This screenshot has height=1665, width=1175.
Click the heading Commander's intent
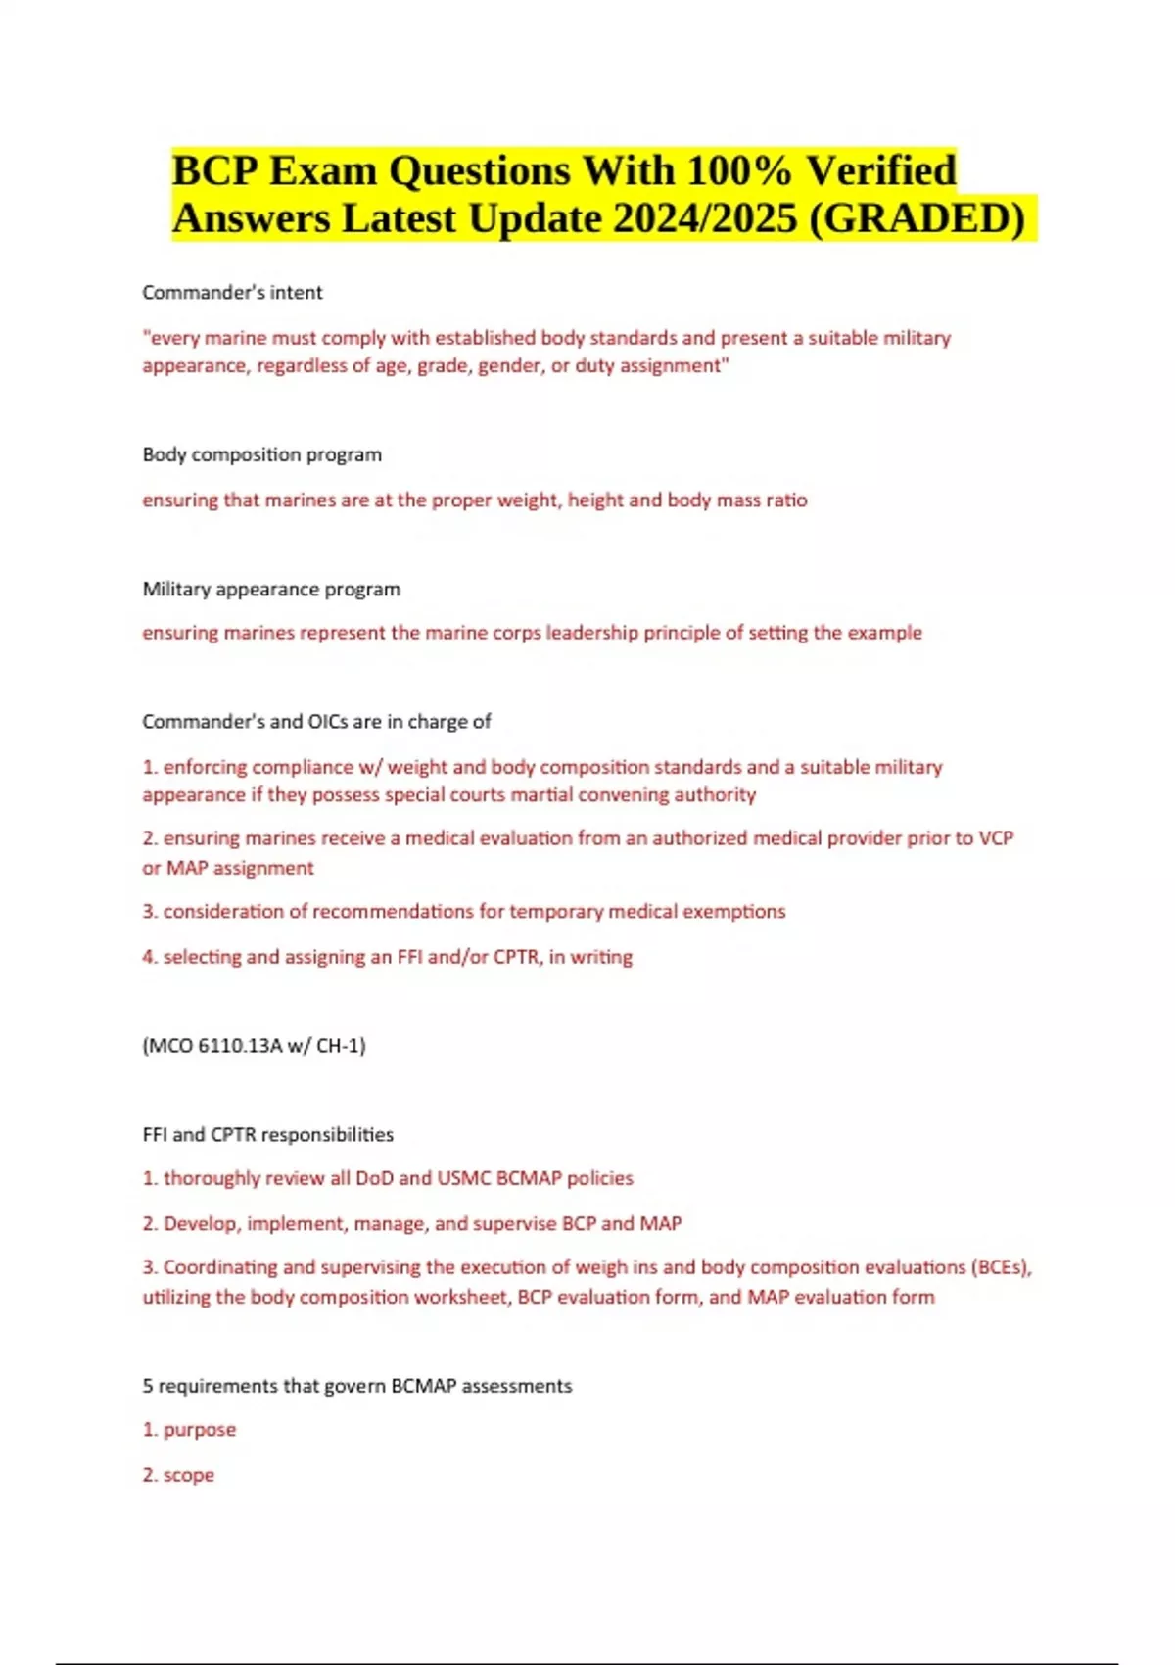pos(232,292)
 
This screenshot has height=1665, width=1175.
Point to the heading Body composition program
pos(261,454)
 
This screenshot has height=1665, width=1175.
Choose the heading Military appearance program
pos(271,589)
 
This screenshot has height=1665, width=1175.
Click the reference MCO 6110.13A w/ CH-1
pos(254,1045)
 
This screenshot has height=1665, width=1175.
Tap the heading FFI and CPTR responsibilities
pos(267,1134)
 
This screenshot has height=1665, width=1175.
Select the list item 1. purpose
pos(189,1429)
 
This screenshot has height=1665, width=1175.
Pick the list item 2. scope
pos(178,1474)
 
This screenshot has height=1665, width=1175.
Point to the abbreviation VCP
pos(995,837)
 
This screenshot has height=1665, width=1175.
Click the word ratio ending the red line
pos(786,499)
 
